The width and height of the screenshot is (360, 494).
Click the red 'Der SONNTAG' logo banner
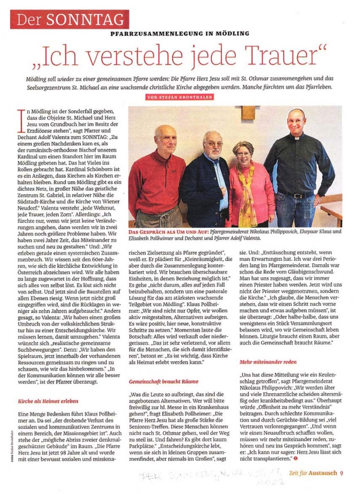70,19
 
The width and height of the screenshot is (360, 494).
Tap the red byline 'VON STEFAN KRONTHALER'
180,97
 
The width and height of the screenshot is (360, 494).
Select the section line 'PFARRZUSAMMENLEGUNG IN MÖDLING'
180,34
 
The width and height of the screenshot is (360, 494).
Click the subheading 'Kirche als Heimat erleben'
48,401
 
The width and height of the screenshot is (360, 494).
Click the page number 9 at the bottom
341,472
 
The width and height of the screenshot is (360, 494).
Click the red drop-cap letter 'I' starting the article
21,118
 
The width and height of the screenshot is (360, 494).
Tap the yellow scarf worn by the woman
247,192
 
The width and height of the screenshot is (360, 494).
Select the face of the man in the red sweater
166,141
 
